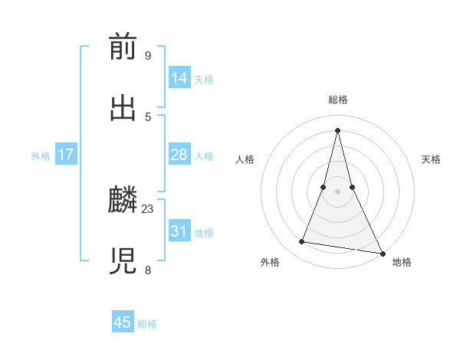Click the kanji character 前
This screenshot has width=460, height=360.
123,47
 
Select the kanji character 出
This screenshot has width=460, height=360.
123,108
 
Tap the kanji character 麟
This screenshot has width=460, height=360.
123,201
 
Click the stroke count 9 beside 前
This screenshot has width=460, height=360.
147,55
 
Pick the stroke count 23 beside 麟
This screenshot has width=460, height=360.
148,208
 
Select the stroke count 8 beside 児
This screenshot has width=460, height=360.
147,270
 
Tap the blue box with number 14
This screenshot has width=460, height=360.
179,78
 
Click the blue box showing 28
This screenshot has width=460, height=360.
179,155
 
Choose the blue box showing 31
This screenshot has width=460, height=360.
179,231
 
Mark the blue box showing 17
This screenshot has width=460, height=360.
66,155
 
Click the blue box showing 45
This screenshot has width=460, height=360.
123,322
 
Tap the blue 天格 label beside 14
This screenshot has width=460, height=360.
204,79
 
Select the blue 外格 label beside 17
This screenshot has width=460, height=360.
41,155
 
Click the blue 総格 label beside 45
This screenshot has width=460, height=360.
147,323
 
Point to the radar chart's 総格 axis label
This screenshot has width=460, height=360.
338,100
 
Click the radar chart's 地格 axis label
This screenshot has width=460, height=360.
402,262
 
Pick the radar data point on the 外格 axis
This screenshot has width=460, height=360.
302,242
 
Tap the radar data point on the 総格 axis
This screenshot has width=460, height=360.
338,129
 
